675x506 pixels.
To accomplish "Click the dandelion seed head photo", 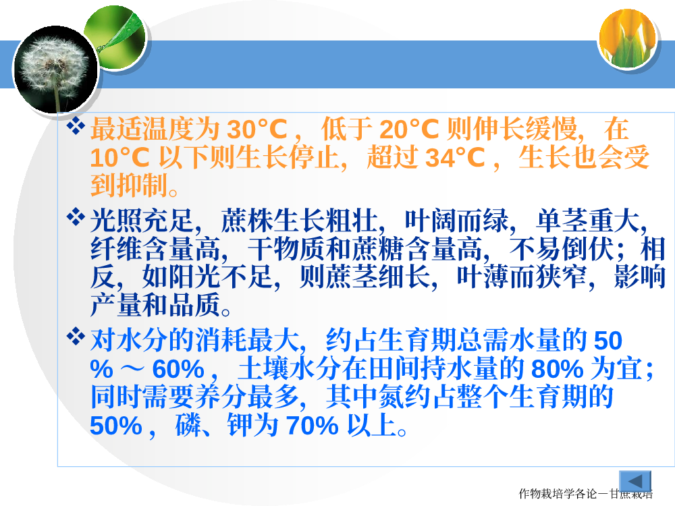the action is pos(55,69).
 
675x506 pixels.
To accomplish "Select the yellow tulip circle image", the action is pos(628,38).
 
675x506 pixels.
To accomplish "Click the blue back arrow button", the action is pos(635,481).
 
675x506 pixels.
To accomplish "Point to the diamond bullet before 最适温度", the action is pos(76,125).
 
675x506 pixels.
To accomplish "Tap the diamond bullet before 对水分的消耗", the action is pos(76,336).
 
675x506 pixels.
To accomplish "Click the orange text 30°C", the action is pos(257,129).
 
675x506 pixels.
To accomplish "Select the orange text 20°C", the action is pos(409,129).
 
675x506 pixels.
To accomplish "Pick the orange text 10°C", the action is pos(119,157).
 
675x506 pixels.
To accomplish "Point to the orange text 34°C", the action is pos(455,157).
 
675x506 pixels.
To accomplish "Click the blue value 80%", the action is pos(558,369).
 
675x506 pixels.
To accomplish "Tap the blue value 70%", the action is pos(313,426).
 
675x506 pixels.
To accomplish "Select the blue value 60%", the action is pos(178,369).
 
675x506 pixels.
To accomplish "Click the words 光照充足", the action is pos(142,221).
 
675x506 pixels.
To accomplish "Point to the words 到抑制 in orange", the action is pos(129,186).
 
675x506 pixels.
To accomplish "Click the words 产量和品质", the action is pos(155,305).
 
